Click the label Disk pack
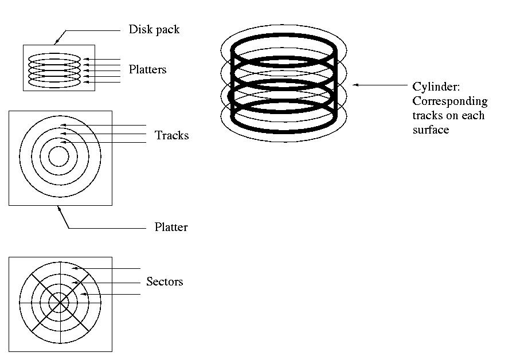point(154,30)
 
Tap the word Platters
point(147,69)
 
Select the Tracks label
point(171,135)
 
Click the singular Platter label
point(171,227)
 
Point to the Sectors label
point(165,281)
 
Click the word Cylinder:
point(436,87)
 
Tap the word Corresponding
point(450,101)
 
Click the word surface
point(431,130)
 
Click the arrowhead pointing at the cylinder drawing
point(355,85)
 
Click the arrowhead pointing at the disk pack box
point(57,41)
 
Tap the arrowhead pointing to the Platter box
point(60,209)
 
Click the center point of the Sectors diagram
point(60,303)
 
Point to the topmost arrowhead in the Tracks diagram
point(62,126)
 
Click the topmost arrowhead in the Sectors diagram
point(75,268)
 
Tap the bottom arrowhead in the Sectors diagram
point(84,294)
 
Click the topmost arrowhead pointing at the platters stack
point(86,59)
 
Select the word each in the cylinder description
point(473,116)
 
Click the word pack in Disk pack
point(167,30)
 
